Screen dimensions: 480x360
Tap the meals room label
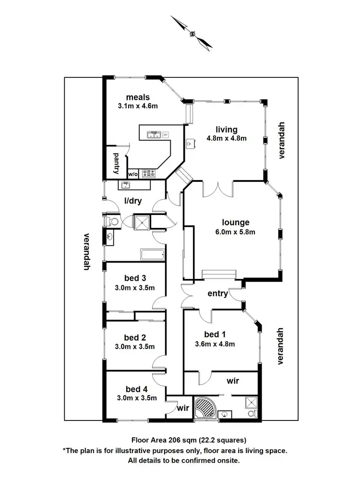pyautogui.click(x=138, y=97)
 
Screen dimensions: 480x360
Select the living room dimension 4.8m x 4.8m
pyautogui.click(x=227, y=139)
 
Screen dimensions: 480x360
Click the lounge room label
pyautogui.click(x=235, y=222)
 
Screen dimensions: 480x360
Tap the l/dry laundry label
pyautogui.click(x=133, y=201)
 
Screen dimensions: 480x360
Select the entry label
pyautogui.click(x=217, y=293)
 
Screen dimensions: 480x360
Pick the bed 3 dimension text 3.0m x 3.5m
pyautogui.click(x=134, y=288)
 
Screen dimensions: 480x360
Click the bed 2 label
pyautogui.click(x=134, y=337)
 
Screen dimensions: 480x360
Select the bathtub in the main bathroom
pyautogui.click(x=152, y=254)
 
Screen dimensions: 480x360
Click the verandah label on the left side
pyautogui.click(x=87, y=252)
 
